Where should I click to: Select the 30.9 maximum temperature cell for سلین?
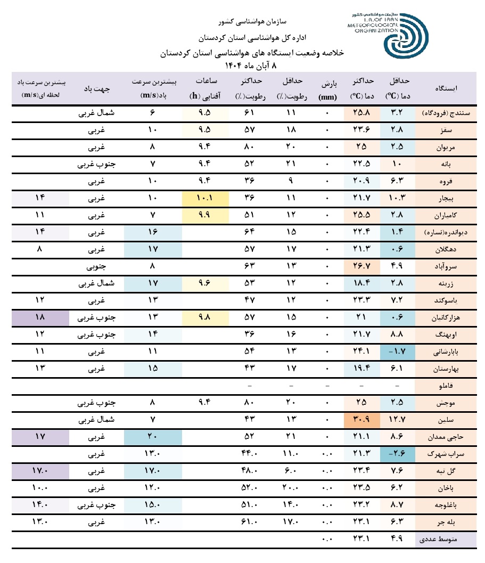click(362, 420)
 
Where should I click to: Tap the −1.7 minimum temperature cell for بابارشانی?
click(397, 352)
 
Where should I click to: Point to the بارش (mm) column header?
click(327, 87)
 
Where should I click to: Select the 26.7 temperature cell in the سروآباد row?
click(362, 266)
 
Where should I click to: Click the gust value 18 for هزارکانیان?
click(40, 317)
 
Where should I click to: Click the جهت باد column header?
click(96, 87)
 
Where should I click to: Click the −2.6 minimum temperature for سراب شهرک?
click(397, 454)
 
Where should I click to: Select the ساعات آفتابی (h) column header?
click(205, 87)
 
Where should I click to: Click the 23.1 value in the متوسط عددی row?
click(362, 539)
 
